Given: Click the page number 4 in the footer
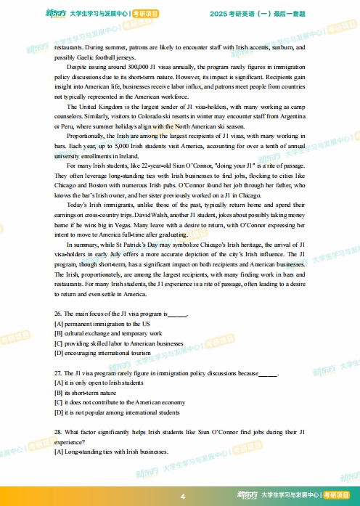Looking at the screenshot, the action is (x=183, y=497).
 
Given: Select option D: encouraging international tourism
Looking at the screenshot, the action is (x=102, y=353).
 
